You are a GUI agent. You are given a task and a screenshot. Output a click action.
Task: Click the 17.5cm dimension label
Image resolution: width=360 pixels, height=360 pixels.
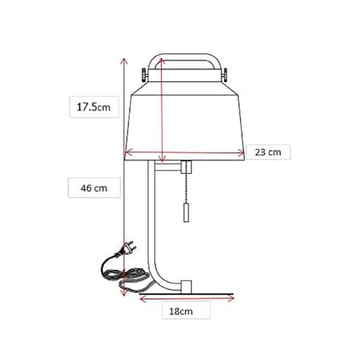[93, 107]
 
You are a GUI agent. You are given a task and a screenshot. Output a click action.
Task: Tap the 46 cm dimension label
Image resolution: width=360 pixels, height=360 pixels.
[94, 188]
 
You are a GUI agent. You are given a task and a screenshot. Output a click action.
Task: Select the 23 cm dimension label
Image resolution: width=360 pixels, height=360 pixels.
[268, 152]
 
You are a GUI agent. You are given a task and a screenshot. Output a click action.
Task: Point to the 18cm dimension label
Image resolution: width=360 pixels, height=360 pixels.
[181, 312]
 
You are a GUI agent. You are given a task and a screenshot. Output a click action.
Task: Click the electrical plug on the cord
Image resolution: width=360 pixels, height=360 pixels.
[126, 249]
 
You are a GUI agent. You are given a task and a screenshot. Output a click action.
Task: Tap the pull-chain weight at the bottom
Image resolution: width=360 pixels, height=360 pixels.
[186, 212]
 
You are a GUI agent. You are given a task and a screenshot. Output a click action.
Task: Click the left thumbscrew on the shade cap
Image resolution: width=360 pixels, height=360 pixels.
[144, 74]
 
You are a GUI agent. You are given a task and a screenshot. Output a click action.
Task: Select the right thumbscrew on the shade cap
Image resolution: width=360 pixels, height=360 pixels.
[225, 74]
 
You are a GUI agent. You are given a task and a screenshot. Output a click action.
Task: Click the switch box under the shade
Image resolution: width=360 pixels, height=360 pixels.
[186, 168]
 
